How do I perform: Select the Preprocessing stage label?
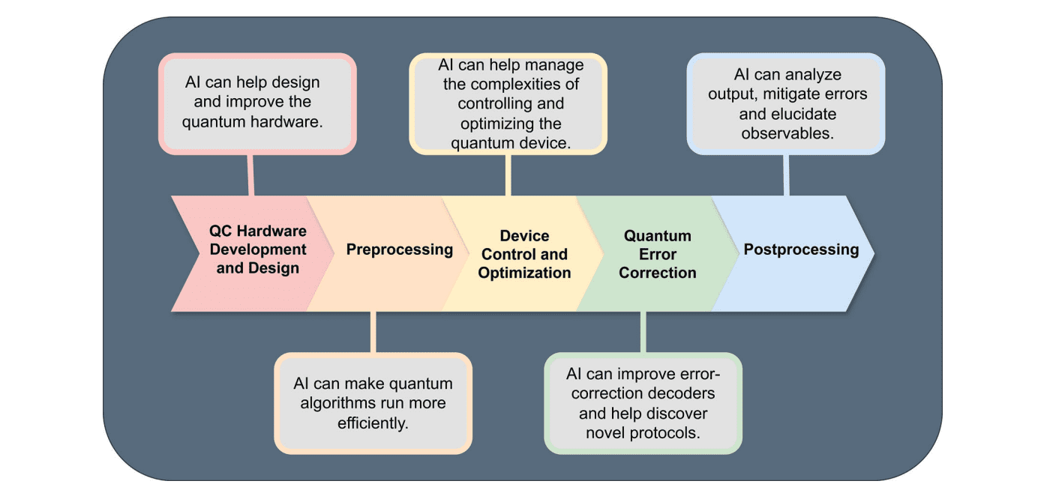point(399,249)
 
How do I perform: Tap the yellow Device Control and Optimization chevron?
point(524,254)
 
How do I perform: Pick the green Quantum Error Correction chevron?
point(657,254)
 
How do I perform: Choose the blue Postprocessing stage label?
point(801,249)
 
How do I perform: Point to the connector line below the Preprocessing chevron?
point(373,331)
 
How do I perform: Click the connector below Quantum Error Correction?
point(643,331)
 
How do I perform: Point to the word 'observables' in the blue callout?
point(788,133)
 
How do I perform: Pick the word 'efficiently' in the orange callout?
point(373,423)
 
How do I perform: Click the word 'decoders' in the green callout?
point(680,393)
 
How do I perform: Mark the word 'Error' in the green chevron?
point(658,254)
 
